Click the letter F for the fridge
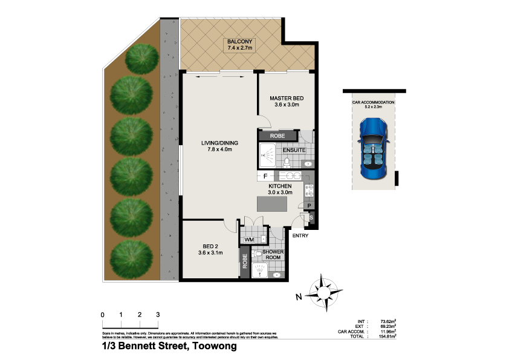point(265,175)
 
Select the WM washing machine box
point(248,240)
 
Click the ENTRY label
point(300,236)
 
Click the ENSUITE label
point(294,150)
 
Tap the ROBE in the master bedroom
point(277,136)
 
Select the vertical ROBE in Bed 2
point(245,261)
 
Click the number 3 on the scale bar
point(158,315)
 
